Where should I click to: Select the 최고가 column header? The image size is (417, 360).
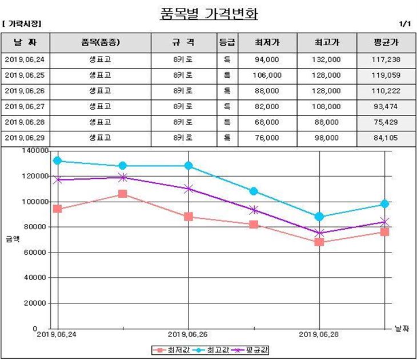[327, 42]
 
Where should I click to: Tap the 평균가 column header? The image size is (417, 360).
[386, 42]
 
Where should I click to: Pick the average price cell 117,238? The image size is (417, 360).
[386, 59]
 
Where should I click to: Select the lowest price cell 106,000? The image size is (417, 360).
[267, 75]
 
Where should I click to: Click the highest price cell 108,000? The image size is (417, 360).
[327, 107]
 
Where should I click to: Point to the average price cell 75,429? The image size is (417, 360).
[386, 123]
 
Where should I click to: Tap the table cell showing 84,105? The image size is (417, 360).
[386, 138]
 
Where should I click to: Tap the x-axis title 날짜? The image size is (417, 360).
[402, 329]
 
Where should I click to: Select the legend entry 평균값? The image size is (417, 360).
[251, 350]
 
